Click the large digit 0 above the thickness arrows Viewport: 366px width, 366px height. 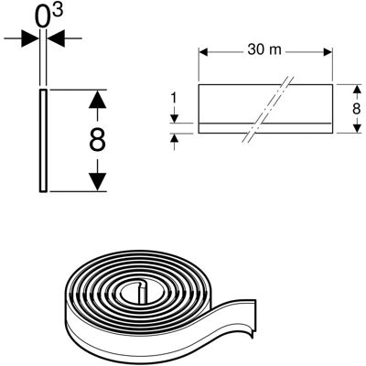pyautogui.click(x=43, y=17)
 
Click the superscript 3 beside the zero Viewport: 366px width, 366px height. pyautogui.click(x=58, y=11)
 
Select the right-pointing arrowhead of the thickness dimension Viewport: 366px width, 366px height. pyautogui.click(x=30, y=38)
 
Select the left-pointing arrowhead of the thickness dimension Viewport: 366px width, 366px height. pyautogui.click(x=56, y=38)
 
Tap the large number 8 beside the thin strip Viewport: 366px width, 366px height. pyautogui.click(x=97, y=140)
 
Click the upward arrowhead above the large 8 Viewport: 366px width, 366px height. pyautogui.click(x=97, y=99)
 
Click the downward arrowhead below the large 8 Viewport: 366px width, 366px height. pyautogui.click(x=97, y=182)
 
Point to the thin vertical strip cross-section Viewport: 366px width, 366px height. pyautogui.click(x=43, y=141)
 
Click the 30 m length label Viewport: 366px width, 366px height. pyautogui.click(x=264, y=49)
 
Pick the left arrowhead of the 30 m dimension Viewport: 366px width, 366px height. pyautogui.click(x=203, y=52)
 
